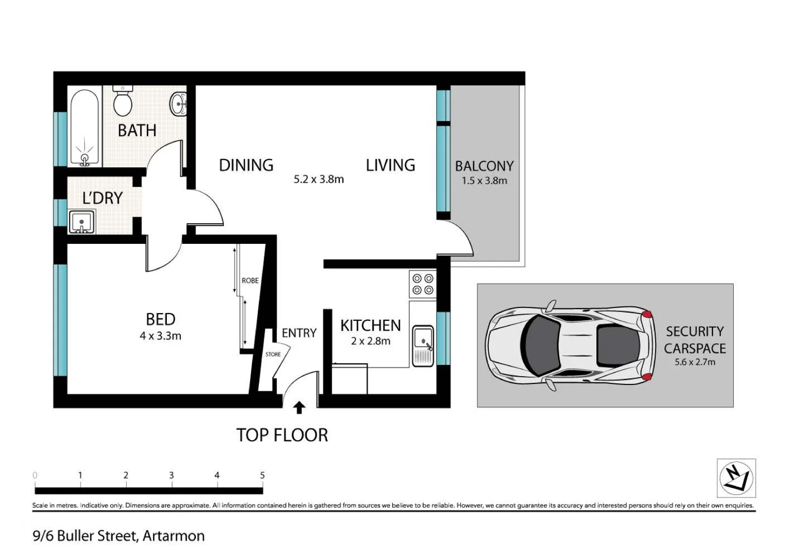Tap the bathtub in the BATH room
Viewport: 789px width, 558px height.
85,128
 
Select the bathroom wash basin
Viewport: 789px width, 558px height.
178,103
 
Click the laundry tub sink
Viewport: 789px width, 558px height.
82,222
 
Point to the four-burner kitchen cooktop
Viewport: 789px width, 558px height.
423,284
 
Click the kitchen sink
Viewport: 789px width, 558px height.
423,346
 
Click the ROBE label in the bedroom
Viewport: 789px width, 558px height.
250,281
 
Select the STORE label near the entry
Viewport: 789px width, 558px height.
273,354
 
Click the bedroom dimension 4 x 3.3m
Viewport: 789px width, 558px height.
161,336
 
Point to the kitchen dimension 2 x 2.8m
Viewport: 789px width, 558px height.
370,341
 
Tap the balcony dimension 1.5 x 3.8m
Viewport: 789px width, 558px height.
484,181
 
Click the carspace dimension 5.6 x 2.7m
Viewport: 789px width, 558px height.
694,362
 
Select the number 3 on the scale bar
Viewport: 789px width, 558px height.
172,475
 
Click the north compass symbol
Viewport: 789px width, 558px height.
736,478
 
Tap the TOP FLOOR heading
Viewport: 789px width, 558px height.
282,435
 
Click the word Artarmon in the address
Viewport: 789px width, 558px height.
174,536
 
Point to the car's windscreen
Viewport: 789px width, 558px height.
540,345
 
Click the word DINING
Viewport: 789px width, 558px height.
246,165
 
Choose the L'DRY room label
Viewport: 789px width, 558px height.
102,198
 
